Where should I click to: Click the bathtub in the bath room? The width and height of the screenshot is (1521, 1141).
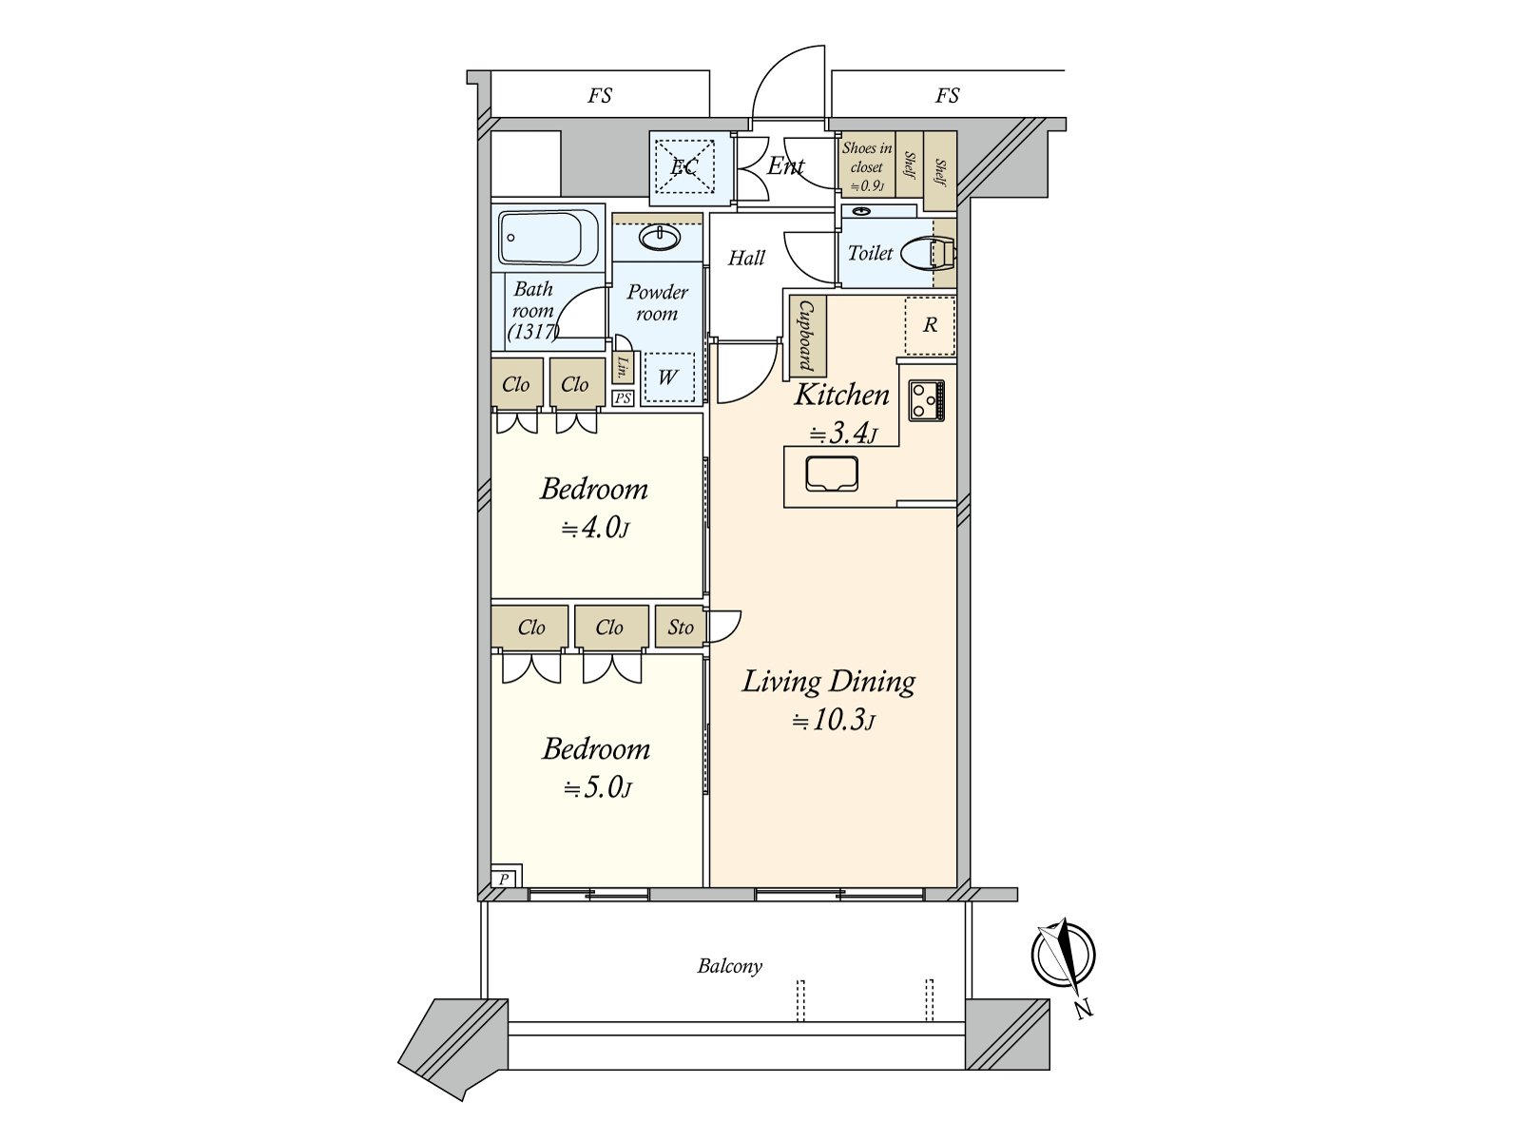click(549, 238)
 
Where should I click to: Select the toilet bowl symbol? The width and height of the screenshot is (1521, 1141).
click(929, 253)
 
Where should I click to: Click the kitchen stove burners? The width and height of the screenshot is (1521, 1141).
click(927, 399)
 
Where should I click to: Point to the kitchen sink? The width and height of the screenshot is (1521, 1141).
click(832, 474)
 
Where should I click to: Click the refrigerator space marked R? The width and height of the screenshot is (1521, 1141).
click(930, 325)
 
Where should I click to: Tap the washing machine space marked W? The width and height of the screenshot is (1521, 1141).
click(668, 377)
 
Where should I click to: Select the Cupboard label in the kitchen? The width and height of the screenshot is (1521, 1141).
click(806, 336)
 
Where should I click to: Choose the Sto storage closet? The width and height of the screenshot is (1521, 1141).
click(681, 627)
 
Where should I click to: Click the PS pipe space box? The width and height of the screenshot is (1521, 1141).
click(623, 397)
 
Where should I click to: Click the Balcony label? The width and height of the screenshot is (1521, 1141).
click(730, 966)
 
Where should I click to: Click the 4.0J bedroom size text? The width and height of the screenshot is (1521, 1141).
click(595, 529)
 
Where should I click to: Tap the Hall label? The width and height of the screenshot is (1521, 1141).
click(746, 258)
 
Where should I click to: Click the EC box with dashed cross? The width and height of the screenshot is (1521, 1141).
click(684, 167)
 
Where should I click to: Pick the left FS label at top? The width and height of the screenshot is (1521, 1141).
click(600, 95)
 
